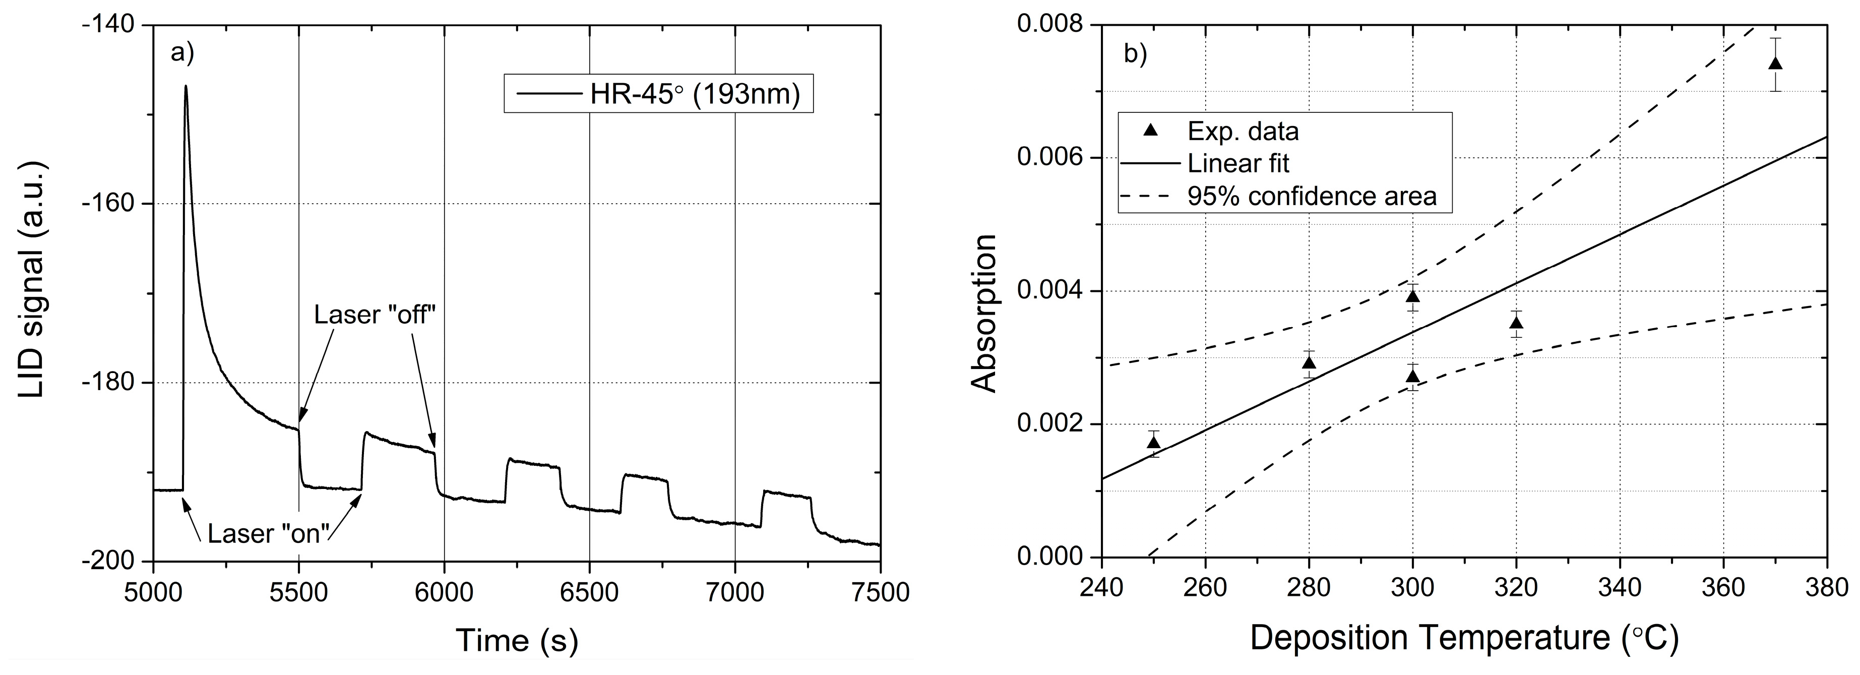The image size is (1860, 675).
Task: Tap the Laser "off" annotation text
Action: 376,314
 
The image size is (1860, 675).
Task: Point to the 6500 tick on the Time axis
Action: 589,592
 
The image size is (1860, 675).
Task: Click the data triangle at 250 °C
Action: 1154,443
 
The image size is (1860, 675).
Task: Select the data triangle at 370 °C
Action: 1775,64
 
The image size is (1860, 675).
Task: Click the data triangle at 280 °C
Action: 1309,362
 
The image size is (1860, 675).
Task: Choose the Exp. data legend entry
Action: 1243,131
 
